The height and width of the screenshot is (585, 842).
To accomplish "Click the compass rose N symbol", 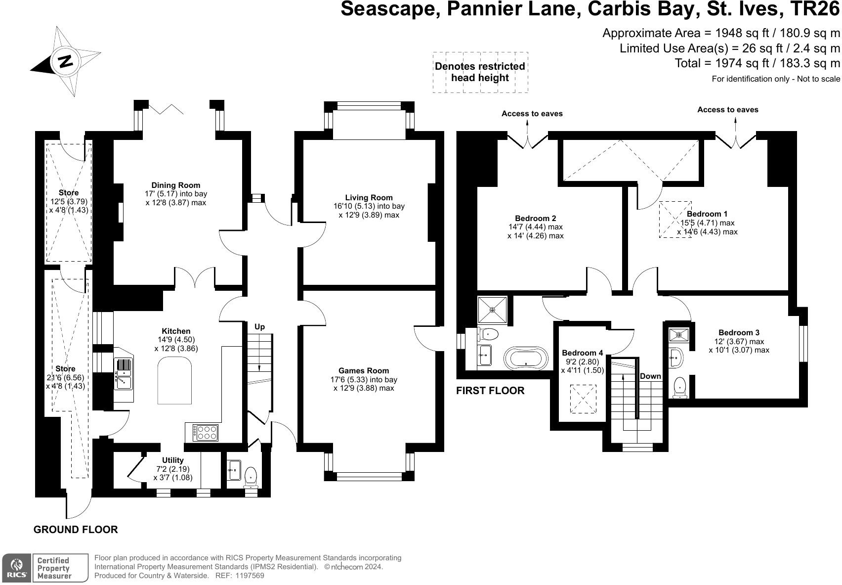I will click(x=65, y=61).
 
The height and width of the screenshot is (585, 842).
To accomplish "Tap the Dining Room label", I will click(x=175, y=185).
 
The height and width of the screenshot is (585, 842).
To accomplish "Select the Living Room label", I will click(x=369, y=197).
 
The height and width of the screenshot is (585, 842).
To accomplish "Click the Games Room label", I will click(x=364, y=370).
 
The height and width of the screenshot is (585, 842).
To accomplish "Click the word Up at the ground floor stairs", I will click(x=259, y=327).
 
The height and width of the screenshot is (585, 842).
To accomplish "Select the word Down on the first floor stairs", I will click(x=650, y=376).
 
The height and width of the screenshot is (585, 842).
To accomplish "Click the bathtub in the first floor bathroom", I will click(x=526, y=358).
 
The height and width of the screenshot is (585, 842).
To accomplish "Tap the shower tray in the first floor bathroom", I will click(x=493, y=310).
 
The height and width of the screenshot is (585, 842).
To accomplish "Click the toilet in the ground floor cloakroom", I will click(x=251, y=477).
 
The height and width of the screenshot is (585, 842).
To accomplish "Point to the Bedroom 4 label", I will click(x=582, y=353).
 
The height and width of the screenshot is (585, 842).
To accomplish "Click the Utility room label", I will click(x=173, y=460).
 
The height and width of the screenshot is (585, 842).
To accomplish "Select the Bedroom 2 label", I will click(x=536, y=218).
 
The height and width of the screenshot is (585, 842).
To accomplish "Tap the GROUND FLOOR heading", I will click(x=76, y=530).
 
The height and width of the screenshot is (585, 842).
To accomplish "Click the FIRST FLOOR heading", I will click(x=490, y=391).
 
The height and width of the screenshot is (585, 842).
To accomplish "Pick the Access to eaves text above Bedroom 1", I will click(x=727, y=110).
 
